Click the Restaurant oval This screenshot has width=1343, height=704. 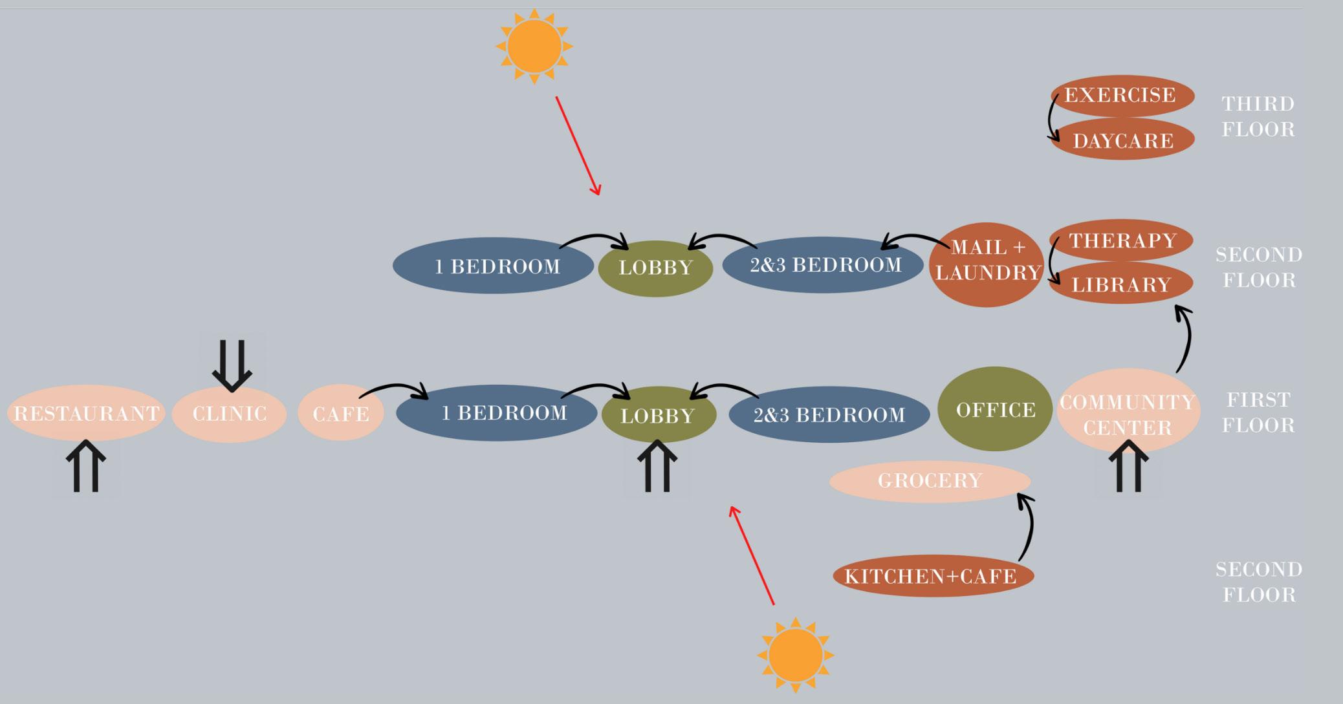(x=86, y=413)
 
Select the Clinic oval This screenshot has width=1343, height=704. (x=230, y=414)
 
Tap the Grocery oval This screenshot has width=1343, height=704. (x=930, y=481)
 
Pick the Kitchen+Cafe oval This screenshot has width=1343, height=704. (x=932, y=576)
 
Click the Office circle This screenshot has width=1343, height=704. (x=995, y=409)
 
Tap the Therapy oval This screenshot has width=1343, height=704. (x=1122, y=240)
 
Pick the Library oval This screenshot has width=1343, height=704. (x=1121, y=284)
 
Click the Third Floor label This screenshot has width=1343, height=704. (x=1258, y=116)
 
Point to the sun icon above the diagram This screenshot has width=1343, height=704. (x=534, y=47)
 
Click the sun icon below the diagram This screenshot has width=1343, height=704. (x=795, y=654)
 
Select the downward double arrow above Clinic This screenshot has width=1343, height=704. (x=232, y=365)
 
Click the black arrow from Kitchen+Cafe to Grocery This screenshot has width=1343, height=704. (x=1027, y=527)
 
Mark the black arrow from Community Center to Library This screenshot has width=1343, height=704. (x=1186, y=339)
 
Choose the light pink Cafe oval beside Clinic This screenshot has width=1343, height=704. (x=341, y=413)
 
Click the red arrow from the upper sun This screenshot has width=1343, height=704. (x=578, y=145)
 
